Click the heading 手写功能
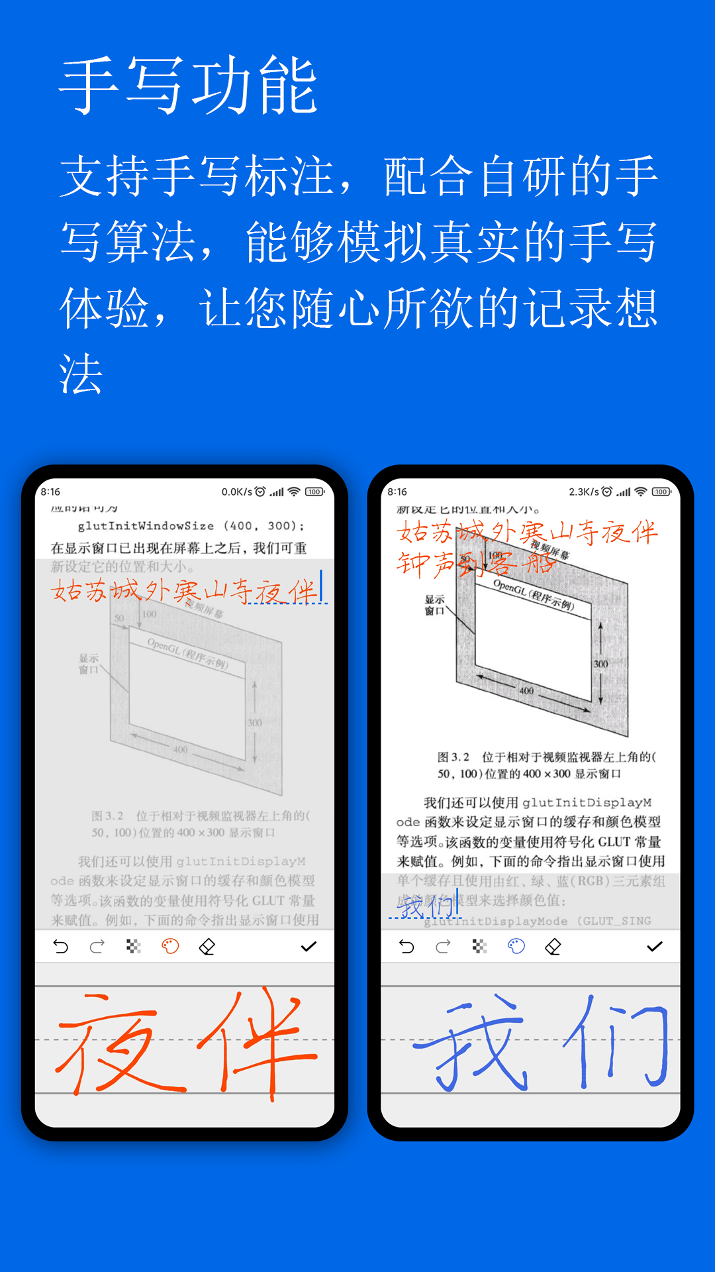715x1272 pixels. click(189, 86)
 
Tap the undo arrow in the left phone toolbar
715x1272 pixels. click(61, 947)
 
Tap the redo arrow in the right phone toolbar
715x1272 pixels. click(443, 947)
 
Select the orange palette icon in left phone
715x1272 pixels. click(170, 947)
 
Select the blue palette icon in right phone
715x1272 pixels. click(516, 947)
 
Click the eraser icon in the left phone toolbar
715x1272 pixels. click(207, 947)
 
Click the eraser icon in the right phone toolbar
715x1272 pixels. click(553, 947)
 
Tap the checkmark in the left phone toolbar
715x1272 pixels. click(309, 947)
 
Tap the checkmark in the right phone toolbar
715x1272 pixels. click(655, 947)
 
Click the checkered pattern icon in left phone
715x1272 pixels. click(134, 947)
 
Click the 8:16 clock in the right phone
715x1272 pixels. click(397, 492)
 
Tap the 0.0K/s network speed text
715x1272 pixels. click(236, 492)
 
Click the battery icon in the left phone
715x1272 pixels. click(314, 492)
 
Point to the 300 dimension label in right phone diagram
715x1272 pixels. click(600, 664)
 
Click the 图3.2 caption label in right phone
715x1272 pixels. click(453, 757)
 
